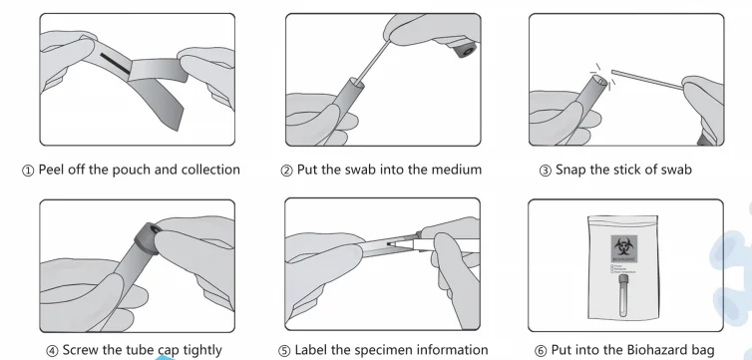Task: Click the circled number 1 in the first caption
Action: coord(28,172)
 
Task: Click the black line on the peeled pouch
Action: coord(115,64)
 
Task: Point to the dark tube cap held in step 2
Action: coord(464,50)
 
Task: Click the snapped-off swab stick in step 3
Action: coord(647,80)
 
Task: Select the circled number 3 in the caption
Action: coord(546,172)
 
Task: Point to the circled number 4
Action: coord(52,351)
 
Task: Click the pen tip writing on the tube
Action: coord(391,244)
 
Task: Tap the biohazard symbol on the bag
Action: coord(624,246)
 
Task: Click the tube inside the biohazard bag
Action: coord(623,296)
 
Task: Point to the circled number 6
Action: coord(541,351)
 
